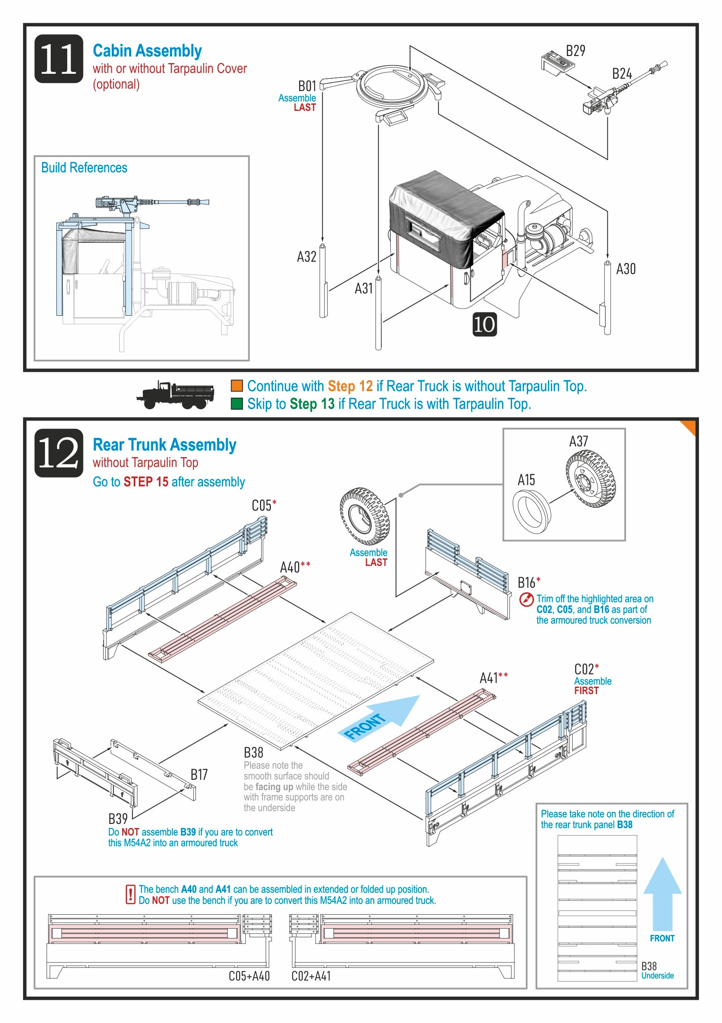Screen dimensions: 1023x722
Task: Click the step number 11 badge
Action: (x=59, y=59)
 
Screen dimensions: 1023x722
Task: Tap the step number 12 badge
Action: (x=59, y=453)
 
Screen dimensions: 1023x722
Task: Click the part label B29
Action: (x=575, y=51)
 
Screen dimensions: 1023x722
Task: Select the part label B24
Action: (x=621, y=73)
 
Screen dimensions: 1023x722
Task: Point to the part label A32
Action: (x=307, y=257)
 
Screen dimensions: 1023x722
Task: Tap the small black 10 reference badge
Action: (x=484, y=324)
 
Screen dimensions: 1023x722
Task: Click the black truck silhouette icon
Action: (x=176, y=395)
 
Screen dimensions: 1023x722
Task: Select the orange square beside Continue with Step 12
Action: (x=237, y=386)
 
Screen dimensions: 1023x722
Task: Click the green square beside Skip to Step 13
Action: (x=237, y=404)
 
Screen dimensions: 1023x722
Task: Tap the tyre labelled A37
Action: (x=589, y=478)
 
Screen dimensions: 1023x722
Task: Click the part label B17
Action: (x=199, y=775)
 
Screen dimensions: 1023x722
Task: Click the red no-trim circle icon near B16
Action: (x=526, y=599)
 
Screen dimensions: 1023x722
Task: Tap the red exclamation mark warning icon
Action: (x=130, y=894)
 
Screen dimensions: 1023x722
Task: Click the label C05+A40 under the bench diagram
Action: (x=249, y=976)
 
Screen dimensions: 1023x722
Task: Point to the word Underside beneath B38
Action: (x=657, y=975)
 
